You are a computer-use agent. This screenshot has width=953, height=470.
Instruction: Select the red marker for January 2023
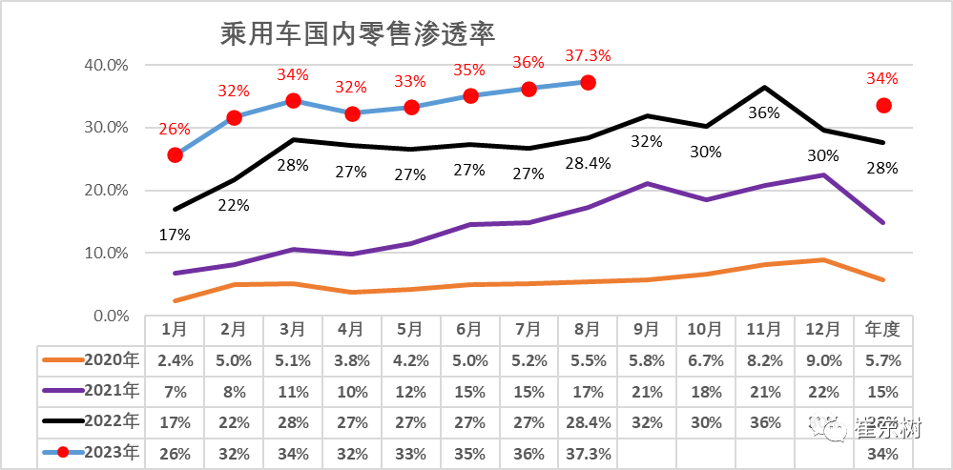[x=175, y=154]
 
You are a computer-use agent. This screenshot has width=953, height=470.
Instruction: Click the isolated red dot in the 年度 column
[x=883, y=105]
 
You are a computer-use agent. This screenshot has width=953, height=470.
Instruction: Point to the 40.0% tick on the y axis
[x=106, y=66]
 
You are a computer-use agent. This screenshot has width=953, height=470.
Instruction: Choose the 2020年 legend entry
[x=91, y=360]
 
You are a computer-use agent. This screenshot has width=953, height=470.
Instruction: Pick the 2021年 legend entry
[x=91, y=391]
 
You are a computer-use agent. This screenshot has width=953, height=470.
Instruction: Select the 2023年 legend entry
[x=91, y=452]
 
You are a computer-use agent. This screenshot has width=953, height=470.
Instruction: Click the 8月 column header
[x=588, y=330]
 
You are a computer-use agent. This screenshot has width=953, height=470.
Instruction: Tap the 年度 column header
[x=883, y=330]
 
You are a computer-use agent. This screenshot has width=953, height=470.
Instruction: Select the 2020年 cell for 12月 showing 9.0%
[x=824, y=360]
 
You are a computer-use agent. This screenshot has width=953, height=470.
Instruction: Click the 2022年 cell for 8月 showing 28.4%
[x=588, y=421]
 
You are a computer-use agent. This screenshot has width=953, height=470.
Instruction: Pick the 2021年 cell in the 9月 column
[x=647, y=391]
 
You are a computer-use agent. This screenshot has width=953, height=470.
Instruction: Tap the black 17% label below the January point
[x=175, y=234]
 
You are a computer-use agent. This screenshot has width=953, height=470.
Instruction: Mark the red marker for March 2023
[x=293, y=100]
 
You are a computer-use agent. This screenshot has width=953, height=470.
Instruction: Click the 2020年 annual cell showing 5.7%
[x=883, y=360]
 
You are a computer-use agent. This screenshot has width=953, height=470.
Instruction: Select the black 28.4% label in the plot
[x=588, y=164]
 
